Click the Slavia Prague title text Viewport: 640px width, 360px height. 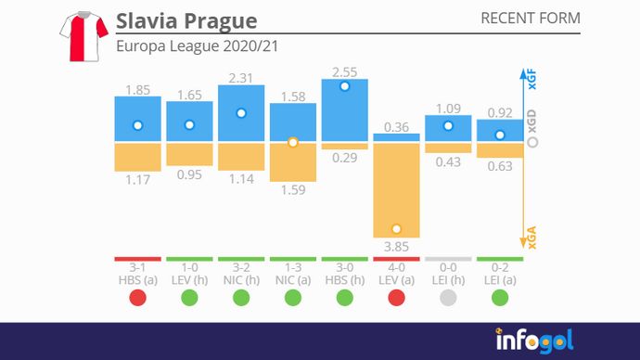tap(186, 20)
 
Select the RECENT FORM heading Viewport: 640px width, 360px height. tap(531, 19)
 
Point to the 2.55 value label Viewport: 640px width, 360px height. tap(344, 71)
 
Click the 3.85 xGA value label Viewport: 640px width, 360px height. tap(396, 246)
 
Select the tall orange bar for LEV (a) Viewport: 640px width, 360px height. tap(396, 189)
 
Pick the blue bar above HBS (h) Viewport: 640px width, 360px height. tap(344, 109)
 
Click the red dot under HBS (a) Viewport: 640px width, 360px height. tap(137, 298)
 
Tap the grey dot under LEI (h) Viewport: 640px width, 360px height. tap(448, 298)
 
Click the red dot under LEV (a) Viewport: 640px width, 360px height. tap(396, 298)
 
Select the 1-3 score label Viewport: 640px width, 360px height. tap(292, 267)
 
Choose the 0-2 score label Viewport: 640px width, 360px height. tap(500, 267)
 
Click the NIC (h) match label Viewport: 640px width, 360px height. tap(241, 278)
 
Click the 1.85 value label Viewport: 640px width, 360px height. tap(137, 90)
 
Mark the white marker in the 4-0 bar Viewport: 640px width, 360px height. tap(396, 228)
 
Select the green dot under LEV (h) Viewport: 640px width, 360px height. tap(189, 298)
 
